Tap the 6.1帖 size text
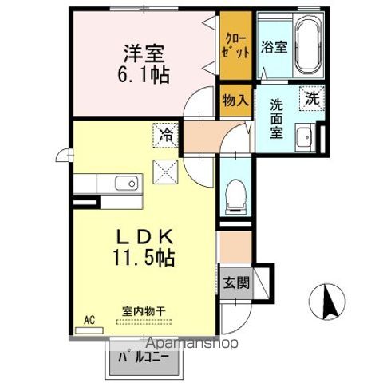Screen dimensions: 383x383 coord(144,74)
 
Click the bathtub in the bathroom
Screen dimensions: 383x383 coord(307,48)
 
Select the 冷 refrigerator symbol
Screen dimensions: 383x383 coord(164,136)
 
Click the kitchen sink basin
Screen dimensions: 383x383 coord(127,184)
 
